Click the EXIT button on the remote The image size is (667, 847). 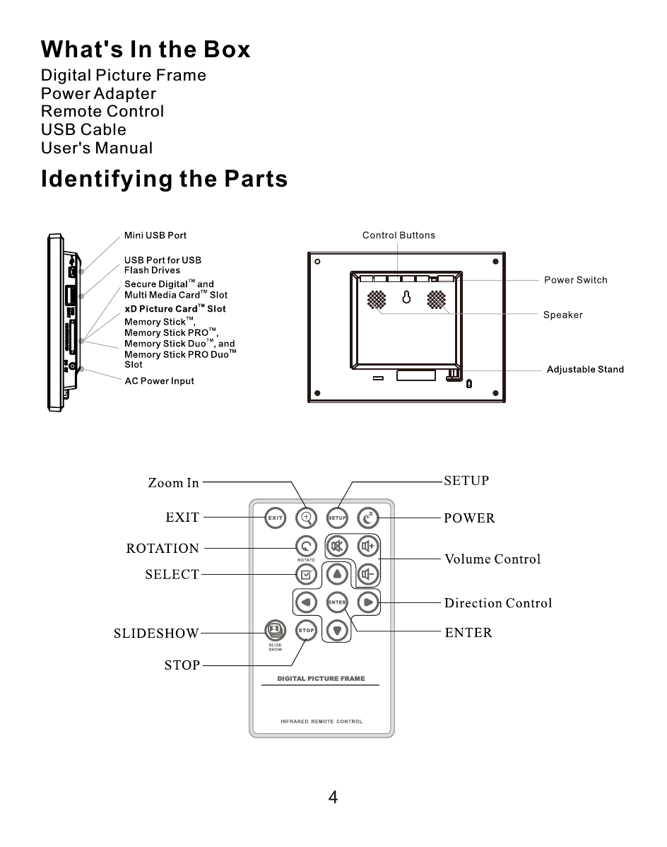[x=275, y=518]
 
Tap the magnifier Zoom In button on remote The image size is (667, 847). [x=306, y=518]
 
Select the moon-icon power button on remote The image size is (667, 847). [x=367, y=518]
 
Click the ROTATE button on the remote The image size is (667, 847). [x=306, y=547]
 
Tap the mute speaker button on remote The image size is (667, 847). [x=337, y=547]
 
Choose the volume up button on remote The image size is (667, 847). [x=367, y=547]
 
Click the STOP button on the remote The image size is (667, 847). [x=306, y=630]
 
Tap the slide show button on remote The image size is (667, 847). [x=274, y=629]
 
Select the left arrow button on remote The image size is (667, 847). [x=305, y=602]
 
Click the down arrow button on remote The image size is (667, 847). [x=337, y=630]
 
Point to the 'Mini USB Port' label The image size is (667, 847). [x=155, y=235]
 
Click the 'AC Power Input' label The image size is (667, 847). [x=159, y=381]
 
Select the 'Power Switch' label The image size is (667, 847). [x=575, y=280]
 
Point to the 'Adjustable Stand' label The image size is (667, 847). [x=585, y=370]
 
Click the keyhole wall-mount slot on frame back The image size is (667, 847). [x=406, y=298]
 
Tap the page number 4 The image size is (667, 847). [x=333, y=798]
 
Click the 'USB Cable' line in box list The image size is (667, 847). [x=83, y=130]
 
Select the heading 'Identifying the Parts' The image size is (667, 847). [x=164, y=179]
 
